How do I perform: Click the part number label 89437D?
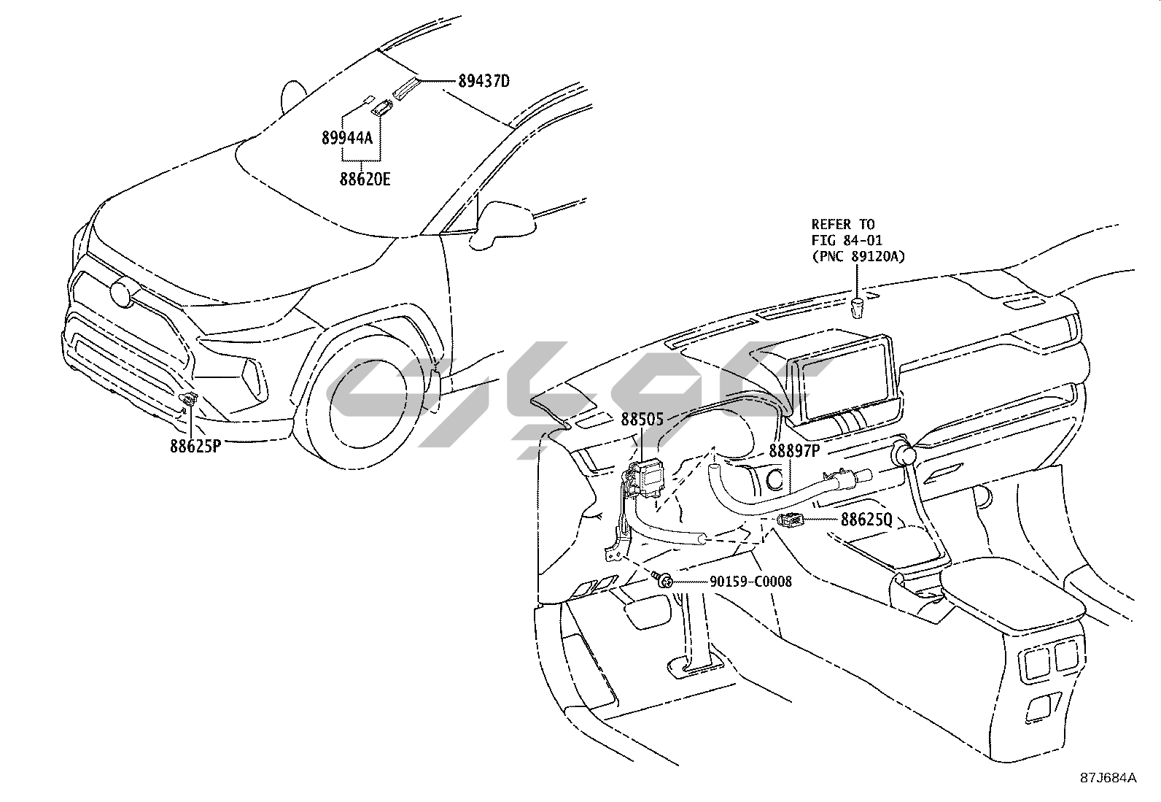click(484, 81)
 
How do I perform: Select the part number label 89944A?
click(346, 136)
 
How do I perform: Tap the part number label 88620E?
click(364, 177)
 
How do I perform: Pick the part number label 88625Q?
click(866, 520)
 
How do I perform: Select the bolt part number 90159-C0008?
click(750, 582)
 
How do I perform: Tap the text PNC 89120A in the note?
click(858, 255)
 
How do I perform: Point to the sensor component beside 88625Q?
click(791, 520)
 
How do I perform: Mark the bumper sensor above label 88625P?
click(189, 398)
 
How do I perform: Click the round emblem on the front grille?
click(120, 293)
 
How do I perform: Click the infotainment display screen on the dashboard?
click(844, 379)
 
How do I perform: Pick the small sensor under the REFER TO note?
click(858, 306)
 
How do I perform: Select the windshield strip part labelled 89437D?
click(405, 88)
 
